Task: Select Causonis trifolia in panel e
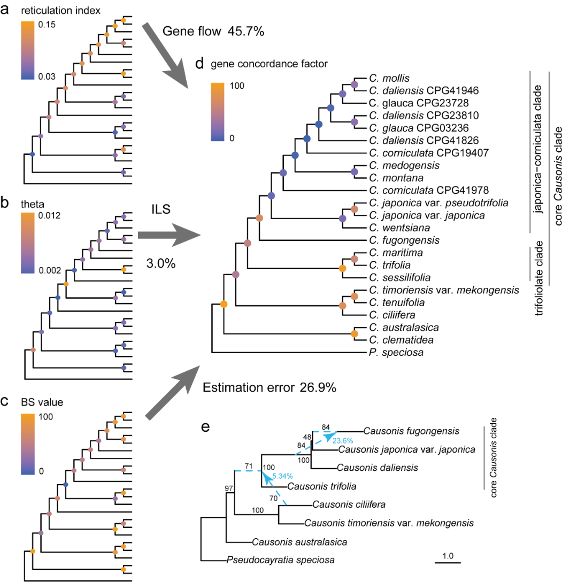[321, 487]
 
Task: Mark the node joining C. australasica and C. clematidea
[354, 334]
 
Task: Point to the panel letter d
[200, 65]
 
